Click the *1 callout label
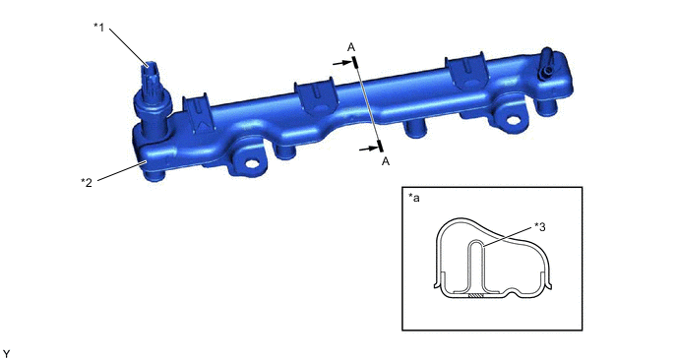point(98,28)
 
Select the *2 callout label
point(87,182)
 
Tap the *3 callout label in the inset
point(539,226)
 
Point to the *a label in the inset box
point(413,198)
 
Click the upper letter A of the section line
point(351,47)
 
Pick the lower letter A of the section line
point(386,161)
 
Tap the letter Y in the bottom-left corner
point(6,354)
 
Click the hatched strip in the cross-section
point(475,296)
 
